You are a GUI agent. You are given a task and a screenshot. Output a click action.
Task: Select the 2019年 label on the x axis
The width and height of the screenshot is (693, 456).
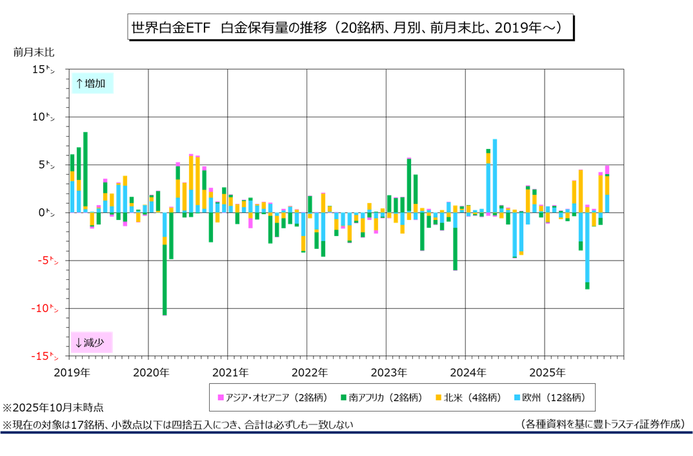[x=72, y=372]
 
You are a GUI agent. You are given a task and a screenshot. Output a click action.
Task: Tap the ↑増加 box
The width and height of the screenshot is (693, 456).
[x=92, y=83]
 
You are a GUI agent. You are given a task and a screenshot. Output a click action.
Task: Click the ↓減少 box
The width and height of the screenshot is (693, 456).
[x=92, y=342]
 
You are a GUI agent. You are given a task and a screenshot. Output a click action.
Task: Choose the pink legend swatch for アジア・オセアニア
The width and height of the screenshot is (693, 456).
[x=221, y=398]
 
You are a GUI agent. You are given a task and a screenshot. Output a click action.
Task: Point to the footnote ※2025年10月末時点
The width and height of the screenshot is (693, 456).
[x=53, y=408]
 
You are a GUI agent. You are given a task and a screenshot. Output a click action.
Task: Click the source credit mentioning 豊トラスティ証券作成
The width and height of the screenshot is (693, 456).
[x=601, y=424]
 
